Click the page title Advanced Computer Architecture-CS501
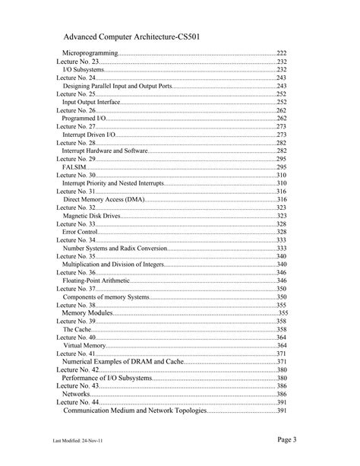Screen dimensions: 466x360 (x=132, y=36)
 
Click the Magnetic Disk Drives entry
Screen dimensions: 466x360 (x=91, y=215)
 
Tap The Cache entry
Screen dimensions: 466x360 (x=78, y=329)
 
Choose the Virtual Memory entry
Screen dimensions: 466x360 (x=84, y=345)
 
